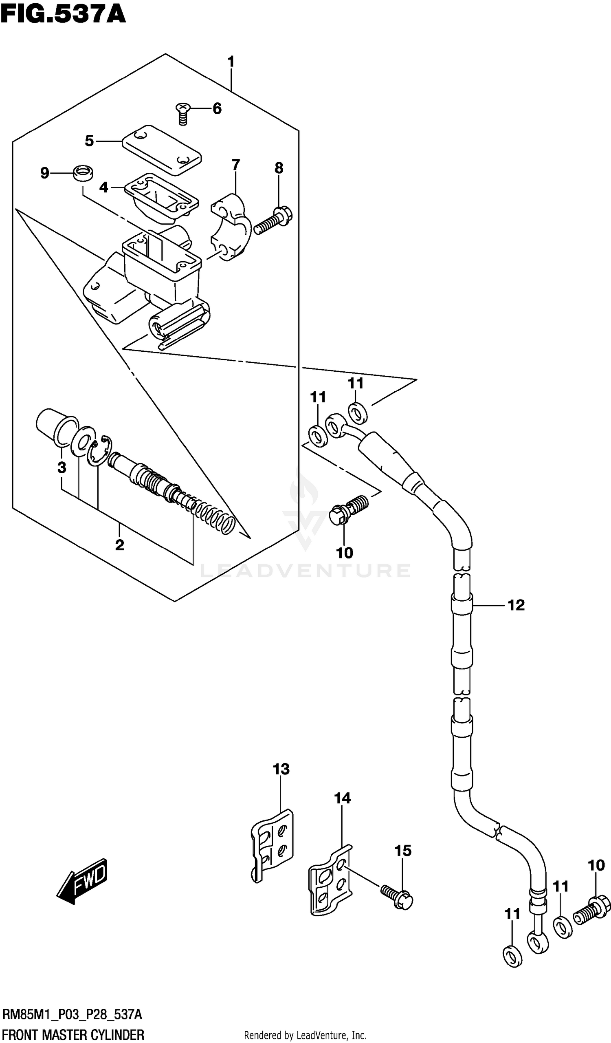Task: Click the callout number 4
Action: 103,187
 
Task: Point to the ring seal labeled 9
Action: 83,172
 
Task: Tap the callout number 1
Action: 231,62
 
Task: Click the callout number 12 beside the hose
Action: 515,605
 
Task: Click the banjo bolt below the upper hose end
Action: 347,511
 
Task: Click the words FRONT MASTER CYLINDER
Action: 73,1034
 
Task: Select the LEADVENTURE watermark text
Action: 305,571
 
